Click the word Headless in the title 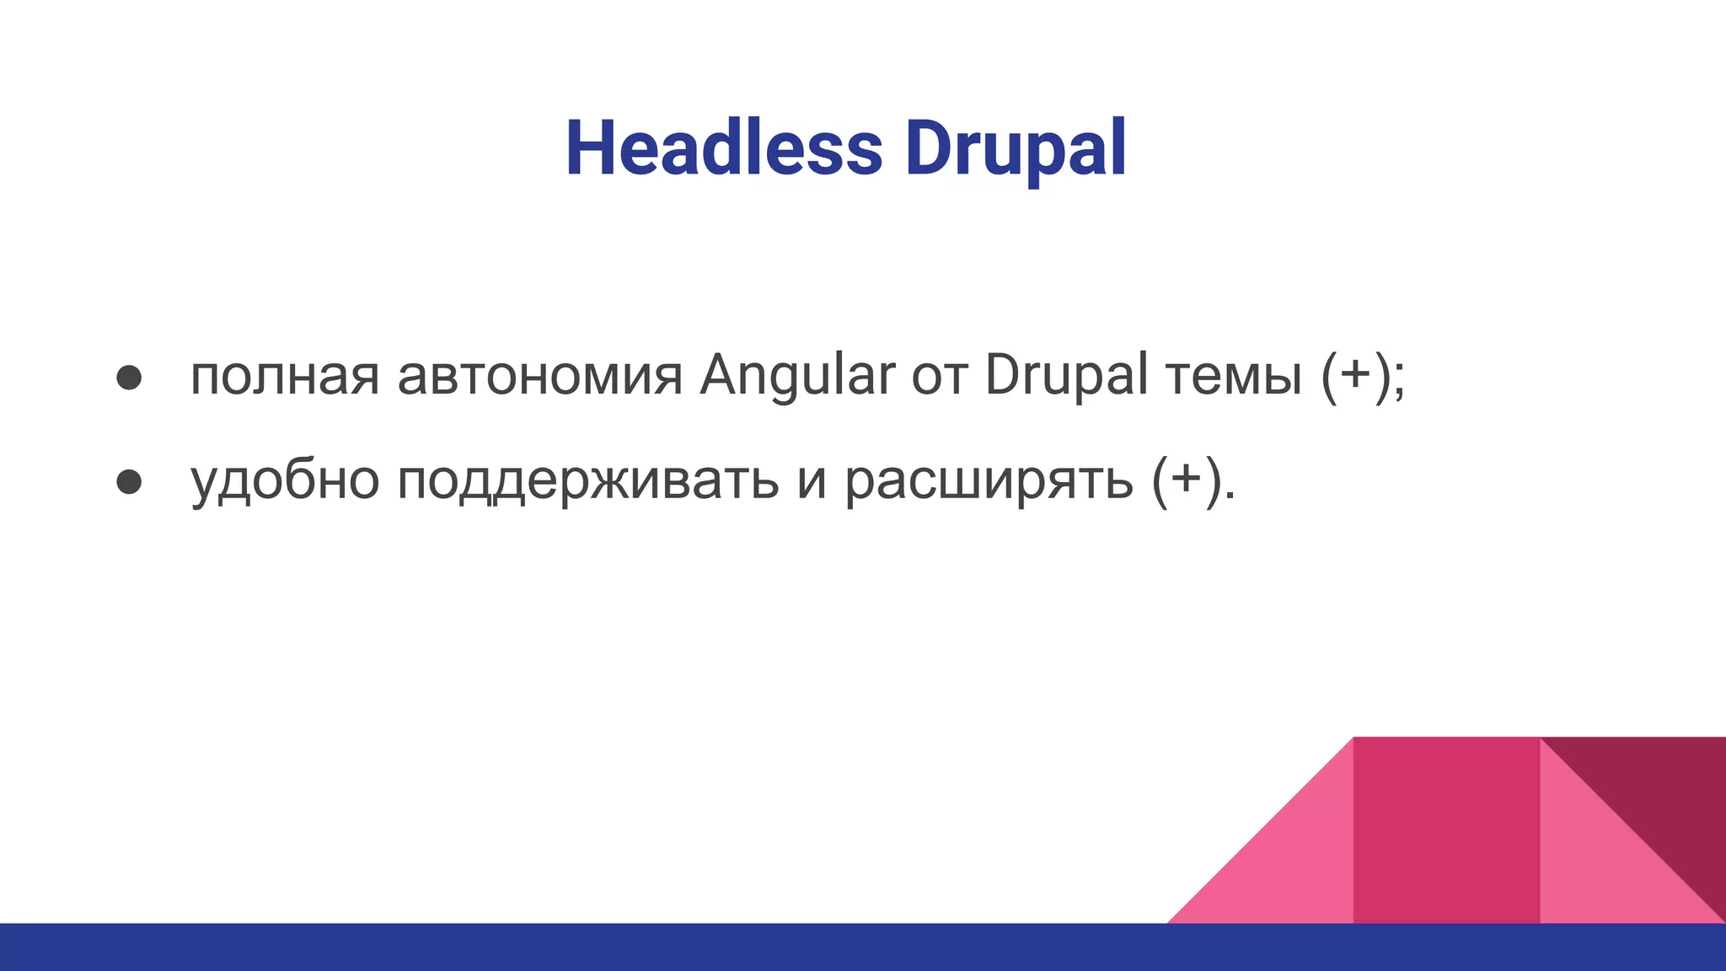(723, 149)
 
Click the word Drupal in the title (1015, 149)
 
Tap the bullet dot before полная (129, 377)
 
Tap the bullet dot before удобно (129, 481)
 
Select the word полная (284, 377)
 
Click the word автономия (539, 377)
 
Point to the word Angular (796, 377)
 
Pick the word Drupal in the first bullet (1066, 377)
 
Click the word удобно (285, 481)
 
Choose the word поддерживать (587, 481)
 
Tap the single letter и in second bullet (812, 481)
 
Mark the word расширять (989, 481)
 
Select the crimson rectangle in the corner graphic (1446, 830)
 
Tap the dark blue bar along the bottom (590, 947)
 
